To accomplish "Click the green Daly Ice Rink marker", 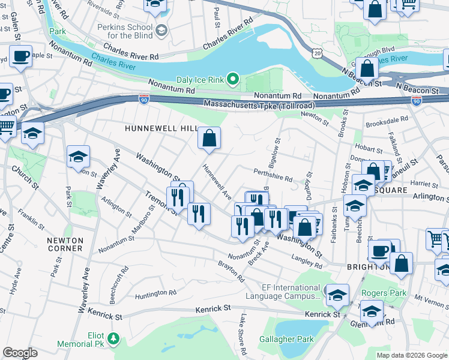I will (x=234, y=79).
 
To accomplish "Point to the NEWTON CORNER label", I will (x=64, y=244).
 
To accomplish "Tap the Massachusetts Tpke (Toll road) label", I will (x=251, y=105).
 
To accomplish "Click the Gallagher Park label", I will (x=286, y=339).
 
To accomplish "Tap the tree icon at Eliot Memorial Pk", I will (x=112, y=340).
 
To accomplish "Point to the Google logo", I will (x=20, y=353).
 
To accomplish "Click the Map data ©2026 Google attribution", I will (x=412, y=355).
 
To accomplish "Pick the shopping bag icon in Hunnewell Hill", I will (x=209, y=139).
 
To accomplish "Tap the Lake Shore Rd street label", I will (x=244, y=336).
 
